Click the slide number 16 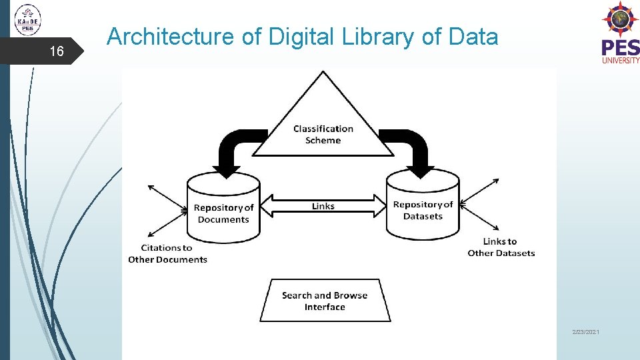click(57, 51)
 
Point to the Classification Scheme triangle click(323, 123)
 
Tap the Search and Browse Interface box click(325, 301)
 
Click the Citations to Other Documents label click(167, 253)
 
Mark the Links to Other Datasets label click(501, 247)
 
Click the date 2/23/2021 click(585, 331)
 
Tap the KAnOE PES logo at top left click(27, 19)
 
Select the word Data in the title click(473, 37)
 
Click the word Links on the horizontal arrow click(323, 206)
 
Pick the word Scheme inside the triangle click(323, 141)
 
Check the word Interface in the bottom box click(325, 307)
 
